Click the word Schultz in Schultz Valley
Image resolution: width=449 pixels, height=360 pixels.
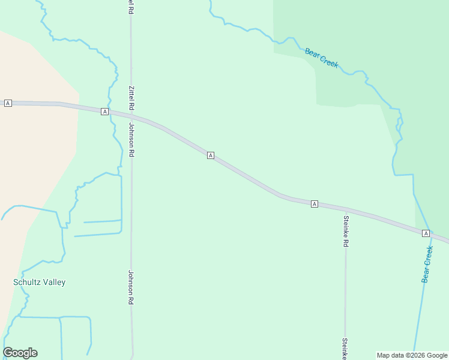pos(26,282)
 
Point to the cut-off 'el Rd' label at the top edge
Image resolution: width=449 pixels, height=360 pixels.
pos(131,7)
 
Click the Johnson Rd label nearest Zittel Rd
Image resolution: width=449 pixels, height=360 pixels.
pos(131,140)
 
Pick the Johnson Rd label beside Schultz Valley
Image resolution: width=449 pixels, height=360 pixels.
pos(130,287)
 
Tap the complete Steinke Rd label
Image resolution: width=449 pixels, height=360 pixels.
pos(346,231)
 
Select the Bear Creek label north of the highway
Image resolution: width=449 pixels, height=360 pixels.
pos(322,58)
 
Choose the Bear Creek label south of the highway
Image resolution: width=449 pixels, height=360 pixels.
pos(427,264)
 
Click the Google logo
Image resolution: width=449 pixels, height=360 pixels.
pos(20,353)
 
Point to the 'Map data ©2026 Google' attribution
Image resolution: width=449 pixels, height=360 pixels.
pos(412,355)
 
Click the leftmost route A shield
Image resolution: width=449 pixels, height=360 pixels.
pos(8,103)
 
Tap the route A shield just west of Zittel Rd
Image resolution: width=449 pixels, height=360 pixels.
pos(104,112)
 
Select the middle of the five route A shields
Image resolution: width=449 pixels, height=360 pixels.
pos(211,155)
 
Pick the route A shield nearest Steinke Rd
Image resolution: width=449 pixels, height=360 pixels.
pos(314,204)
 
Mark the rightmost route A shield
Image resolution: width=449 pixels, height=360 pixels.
pos(426,233)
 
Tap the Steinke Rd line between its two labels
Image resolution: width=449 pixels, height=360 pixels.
pos(345,288)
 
